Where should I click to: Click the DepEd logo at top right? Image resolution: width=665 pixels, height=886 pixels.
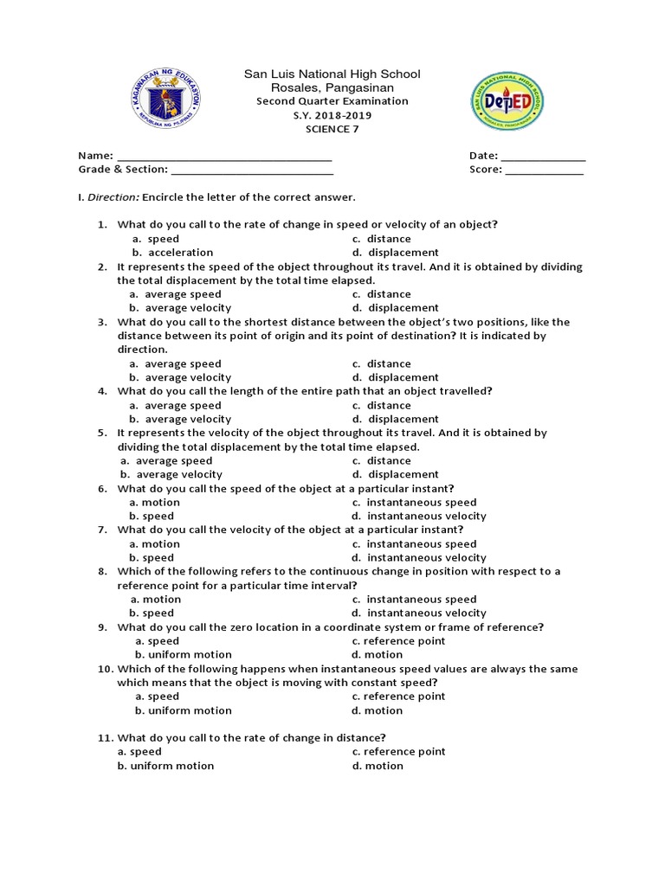click(x=507, y=101)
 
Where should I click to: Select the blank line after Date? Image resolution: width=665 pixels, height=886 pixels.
click(x=543, y=156)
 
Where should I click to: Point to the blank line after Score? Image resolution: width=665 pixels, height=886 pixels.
click(x=544, y=170)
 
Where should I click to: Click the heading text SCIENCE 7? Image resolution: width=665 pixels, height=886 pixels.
click(x=332, y=129)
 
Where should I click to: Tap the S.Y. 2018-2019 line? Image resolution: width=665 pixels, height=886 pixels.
click(x=332, y=115)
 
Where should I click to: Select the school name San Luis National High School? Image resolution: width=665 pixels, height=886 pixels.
click(x=332, y=74)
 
